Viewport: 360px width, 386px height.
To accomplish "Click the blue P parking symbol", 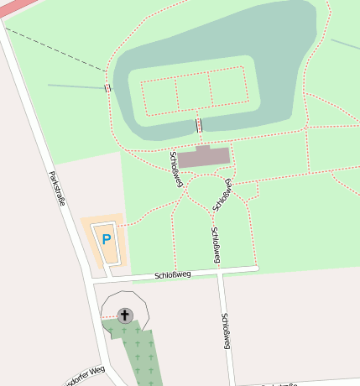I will [107, 239].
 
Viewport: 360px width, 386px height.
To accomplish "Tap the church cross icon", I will [125, 316].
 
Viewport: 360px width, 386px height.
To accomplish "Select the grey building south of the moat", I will [203, 156].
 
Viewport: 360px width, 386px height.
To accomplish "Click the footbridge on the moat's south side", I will [199, 126].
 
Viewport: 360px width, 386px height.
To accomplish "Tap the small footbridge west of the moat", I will [107, 88].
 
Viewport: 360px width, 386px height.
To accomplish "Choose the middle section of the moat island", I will [192, 92].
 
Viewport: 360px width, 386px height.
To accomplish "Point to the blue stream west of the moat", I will [76, 86].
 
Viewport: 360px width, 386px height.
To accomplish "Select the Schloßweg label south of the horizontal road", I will [226, 331].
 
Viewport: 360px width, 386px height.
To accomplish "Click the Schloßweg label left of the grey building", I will [176, 167].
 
